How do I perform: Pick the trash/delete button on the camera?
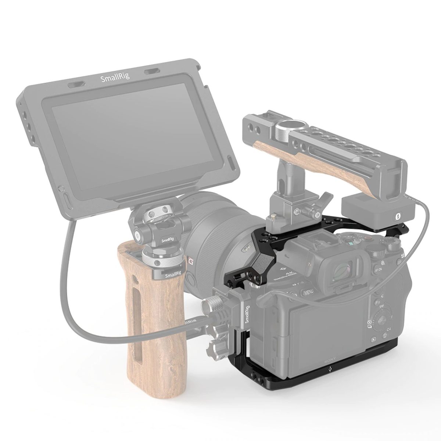tap(385, 335)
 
